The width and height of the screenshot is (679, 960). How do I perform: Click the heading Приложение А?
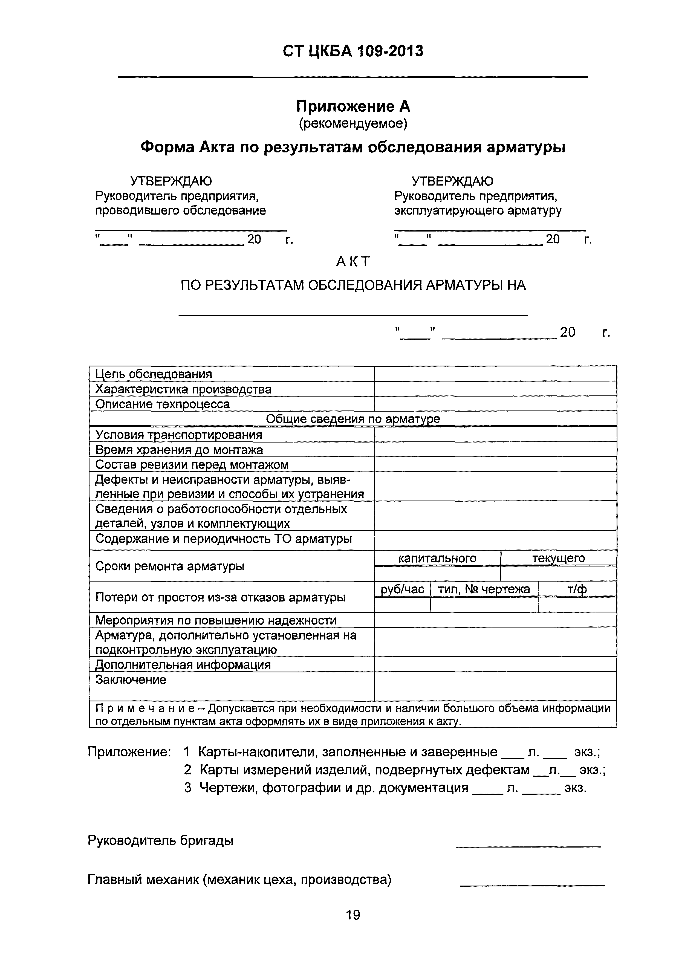pyautogui.click(x=353, y=107)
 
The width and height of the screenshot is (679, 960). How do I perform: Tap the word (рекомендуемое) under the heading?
pyautogui.click(x=353, y=123)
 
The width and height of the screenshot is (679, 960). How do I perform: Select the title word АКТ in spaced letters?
pyautogui.click(x=353, y=262)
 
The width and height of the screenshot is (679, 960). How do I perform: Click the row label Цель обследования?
pyautogui.click(x=154, y=374)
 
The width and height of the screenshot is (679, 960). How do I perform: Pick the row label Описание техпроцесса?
pyautogui.click(x=162, y=404)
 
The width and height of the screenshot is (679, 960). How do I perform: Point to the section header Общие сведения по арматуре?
pyautogui.click(x=353, y=419)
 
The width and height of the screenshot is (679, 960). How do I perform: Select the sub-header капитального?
pyautogui.click(x=437, y=558)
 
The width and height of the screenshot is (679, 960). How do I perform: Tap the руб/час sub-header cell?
pyautogui.click(x=402, y=589)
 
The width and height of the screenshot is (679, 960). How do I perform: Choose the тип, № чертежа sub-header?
pyautogui.click(x=484, y=589)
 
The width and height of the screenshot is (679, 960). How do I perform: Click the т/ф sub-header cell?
pyautogui.click(x=577, y=589)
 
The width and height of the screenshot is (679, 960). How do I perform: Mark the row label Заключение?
pyautogui.click(x=131, y=680)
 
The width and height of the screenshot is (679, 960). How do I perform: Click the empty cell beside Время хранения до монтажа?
pyautogui.click(x=495, y=450)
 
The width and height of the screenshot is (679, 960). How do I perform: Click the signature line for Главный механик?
pyautogui.click(x=532, y=886)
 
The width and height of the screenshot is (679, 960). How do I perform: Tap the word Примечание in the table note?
pyautogui.click(x=145, y=708)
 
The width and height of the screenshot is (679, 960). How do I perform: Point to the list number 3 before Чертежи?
pyautogui.click(x=188, y=788)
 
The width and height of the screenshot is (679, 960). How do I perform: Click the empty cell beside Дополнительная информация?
pyautogui.click(x=495, y=664)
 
